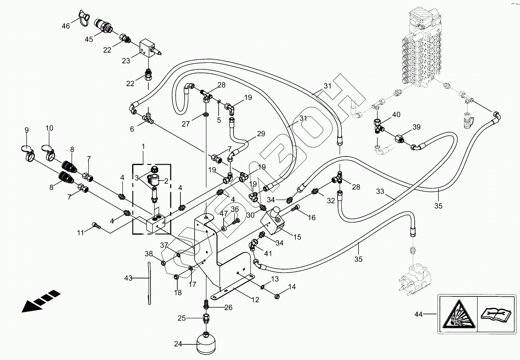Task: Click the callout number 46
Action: pos(65,26)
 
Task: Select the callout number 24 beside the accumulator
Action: pos(178,344)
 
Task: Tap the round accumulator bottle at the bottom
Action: pos(205,342)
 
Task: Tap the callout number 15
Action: pos(297,236)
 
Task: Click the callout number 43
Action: pos(129,278)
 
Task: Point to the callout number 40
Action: pos(396,115)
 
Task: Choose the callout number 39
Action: pos(416,128)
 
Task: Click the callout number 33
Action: pos(380,192)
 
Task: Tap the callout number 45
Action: pos(89,39)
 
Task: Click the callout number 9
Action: pos(27,130)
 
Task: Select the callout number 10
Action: pos(50,128)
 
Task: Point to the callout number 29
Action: pos(261,134)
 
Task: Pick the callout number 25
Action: pos(182,318)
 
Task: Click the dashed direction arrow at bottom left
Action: pos(41,301)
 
